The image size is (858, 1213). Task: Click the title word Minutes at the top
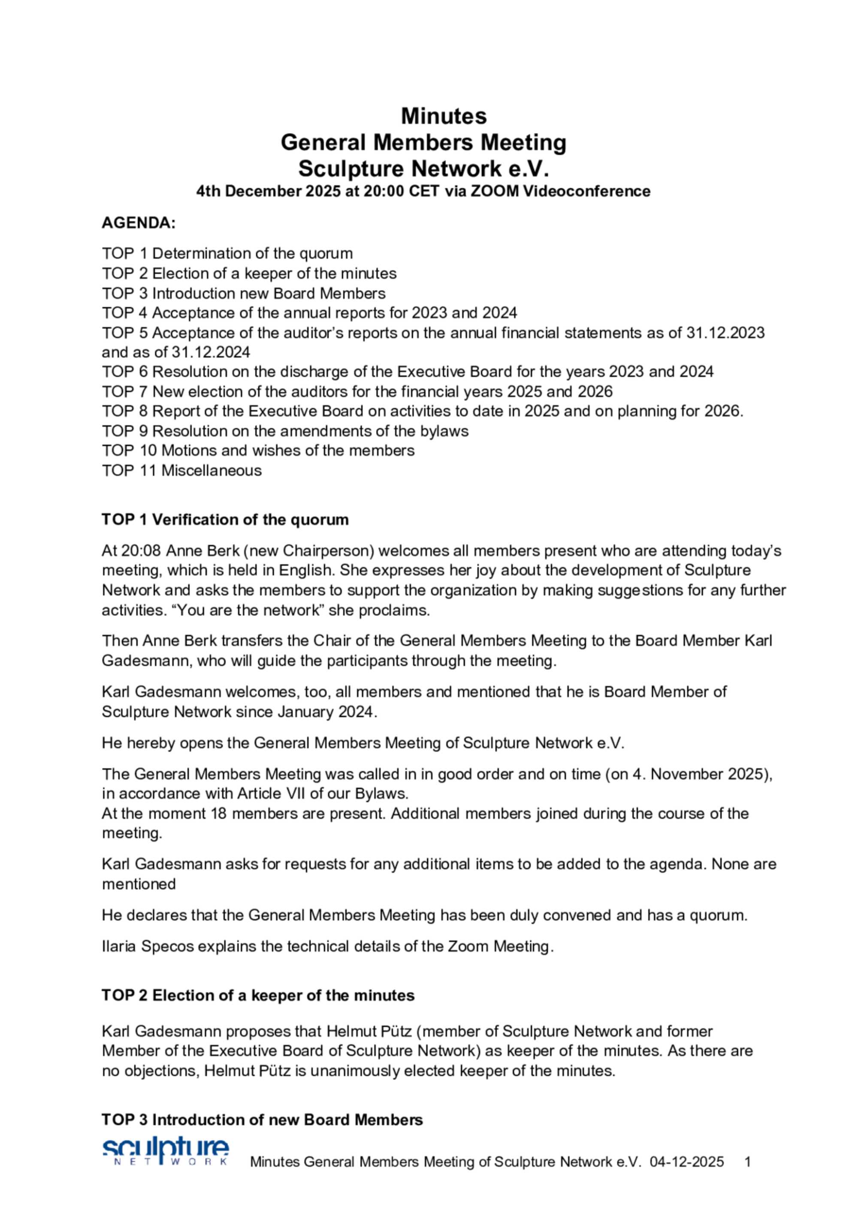(x=444, y=116)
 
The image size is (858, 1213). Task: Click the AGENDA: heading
(x=138, y=223)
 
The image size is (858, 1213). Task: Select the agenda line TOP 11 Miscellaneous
(x=181, y=470)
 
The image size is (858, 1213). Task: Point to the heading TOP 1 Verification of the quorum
(x=225, y=520)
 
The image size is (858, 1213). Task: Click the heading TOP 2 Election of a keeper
(x=257, y=996)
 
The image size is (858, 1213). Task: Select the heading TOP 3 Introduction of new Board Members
(x=262, y=1120)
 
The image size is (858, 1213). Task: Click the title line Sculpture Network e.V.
(x=423, y=169)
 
